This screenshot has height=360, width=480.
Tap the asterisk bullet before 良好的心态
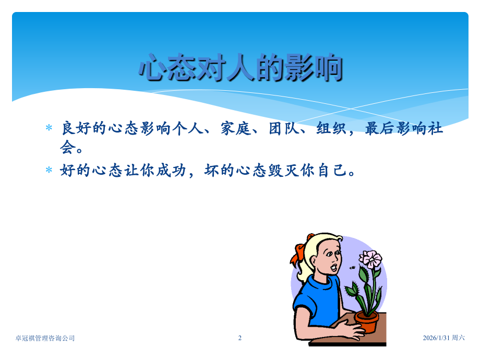click(x=49, y=128)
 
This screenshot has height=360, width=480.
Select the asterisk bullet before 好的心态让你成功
click(x=49, y=170)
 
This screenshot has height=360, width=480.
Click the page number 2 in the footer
click(x=240, y=338)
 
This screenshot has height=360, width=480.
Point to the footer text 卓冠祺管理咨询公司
click(x=45, y=338)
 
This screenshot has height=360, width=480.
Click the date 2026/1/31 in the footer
click(x=436, y=338)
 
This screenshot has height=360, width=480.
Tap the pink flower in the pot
click(x=371, y=259)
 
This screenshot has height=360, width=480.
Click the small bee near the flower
click(x=353, y=267)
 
